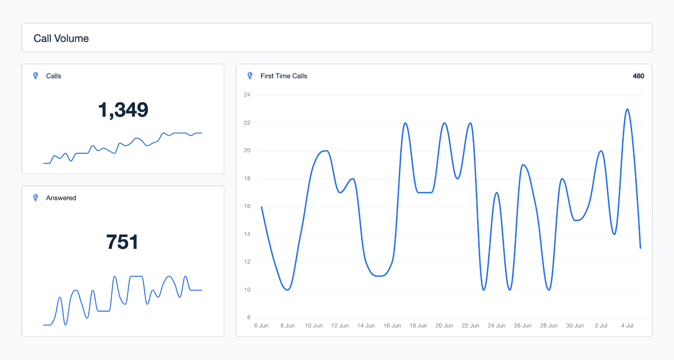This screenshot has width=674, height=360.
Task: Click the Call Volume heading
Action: pyautogui.click(x=61, y=38)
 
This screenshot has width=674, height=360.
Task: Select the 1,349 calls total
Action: pyautogui.click(x=123, y=110)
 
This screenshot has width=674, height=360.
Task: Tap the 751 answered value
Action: pyautogui.click(x=122, y=242)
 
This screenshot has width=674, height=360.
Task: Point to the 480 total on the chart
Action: pyautogui.click(x=638, y=76)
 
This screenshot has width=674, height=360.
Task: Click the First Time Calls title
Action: pyautogui.click(x=284, y=76)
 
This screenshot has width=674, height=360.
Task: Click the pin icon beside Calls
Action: pyautogui.click(x=36, y=76)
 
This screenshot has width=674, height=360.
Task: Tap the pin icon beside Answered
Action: pyautogui.click(x=36, y=198)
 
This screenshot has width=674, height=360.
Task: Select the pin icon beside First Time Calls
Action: pyautogui.click(x=250, y=76)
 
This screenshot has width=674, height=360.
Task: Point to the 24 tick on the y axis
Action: pyautogui.click(x=247, y=95)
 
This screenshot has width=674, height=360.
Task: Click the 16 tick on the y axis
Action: pyautogui.click(x=247, y=206)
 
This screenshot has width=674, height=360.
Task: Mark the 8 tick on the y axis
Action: pyautogui.click(x=249, y=317)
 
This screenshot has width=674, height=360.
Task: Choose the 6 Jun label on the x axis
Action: pyautogui.click(x=261, y=326)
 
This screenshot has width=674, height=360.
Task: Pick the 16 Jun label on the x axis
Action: pyautogui.click(x=392, y=326)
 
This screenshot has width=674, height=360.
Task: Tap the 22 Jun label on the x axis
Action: pyautogui.click(x=470, y=326)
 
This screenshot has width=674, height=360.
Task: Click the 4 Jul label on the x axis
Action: pyautogui.click(x=627, y=326)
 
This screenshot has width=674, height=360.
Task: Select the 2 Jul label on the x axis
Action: pyautogui.click(x=601, y=326)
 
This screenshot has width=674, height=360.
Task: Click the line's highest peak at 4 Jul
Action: pyautogui.click(x=627, y=109)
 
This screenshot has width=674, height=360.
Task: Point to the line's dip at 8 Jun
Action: pyautogui.click(x=288, y=290)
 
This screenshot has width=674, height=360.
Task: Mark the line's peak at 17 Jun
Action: pyautogui.click(x=405, y=123)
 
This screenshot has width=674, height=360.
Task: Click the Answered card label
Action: pyautogui.click(x=61, y=198)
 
